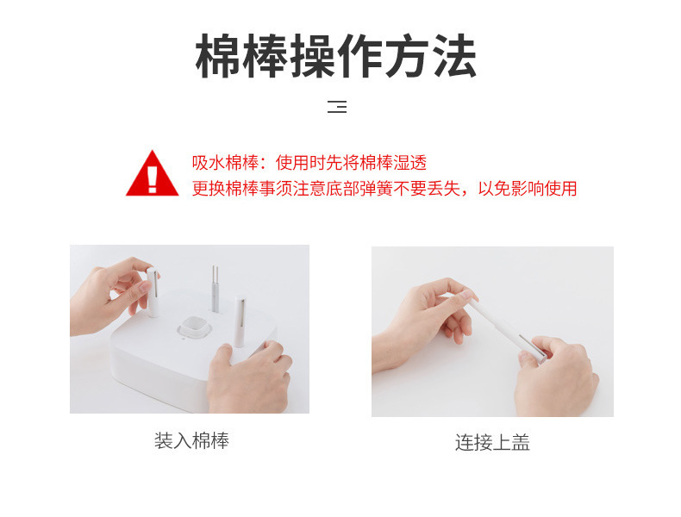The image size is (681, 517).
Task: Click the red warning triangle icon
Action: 152,174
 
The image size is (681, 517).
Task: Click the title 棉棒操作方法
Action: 335,56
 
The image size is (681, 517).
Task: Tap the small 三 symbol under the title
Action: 337,106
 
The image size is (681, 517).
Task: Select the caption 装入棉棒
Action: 191,440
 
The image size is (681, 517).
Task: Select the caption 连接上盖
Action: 492,443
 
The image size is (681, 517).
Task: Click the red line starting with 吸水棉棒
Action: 309,163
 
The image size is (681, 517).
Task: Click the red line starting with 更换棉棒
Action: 384,189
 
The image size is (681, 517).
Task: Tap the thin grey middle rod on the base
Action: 215,289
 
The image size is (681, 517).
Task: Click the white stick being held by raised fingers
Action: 153,292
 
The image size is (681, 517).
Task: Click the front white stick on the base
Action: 240,321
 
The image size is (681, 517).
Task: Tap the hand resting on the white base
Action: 249,377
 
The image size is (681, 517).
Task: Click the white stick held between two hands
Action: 506,329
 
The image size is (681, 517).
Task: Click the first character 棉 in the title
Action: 218,56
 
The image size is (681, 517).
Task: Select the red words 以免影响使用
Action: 528,189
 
